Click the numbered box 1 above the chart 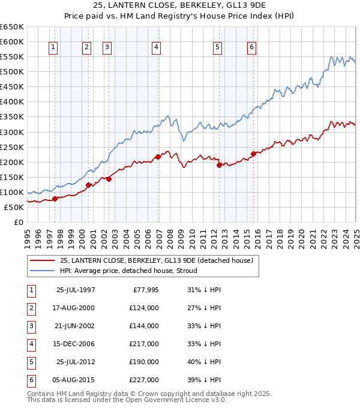[53, 47]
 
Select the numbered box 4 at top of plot [156, 47]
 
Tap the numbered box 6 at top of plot [251, 47]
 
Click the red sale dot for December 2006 [158, 157]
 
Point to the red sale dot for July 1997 [55, 199]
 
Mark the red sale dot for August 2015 [253, 154]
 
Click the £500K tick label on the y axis [11, 72]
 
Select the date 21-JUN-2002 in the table [76, 326]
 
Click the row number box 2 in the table [30, 308]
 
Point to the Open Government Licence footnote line [127, 400]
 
